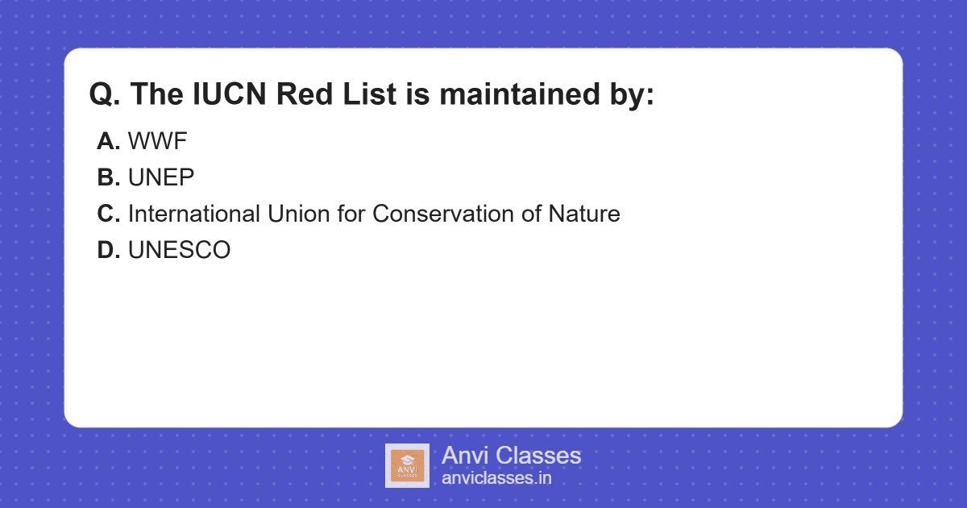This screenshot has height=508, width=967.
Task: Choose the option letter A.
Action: pyautogui.click(x=108, y=142)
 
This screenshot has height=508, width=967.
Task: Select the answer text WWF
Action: pyautogui.click(x=158, y=142)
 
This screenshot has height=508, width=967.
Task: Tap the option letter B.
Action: pyautogui.click(x=108, y=178)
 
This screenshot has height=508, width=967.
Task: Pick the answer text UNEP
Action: pyautogui.click(x=161, y=178)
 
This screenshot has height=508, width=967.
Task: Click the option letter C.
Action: pyautogui.click(x=108, y=214)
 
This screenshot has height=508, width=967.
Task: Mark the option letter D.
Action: pyautogui.click(x=108, y=251)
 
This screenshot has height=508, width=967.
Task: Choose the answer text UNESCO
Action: pyautogui.click(x=179, y=251)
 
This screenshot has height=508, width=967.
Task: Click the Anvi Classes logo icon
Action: pyautogui.click(x=407, y=466)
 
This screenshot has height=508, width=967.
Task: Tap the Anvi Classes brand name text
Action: pyautogui.click(x=511, y=456)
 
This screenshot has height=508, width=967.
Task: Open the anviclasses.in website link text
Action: pyautogui.click(x=496, y=478)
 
